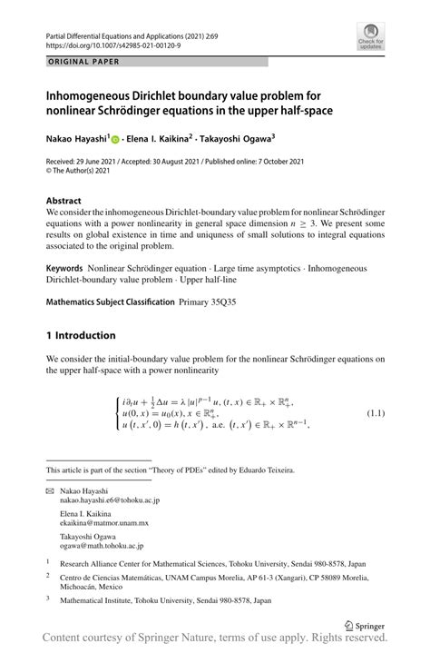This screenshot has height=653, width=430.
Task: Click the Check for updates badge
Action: (x=370, y=42)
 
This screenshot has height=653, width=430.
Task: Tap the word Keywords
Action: (x=65, y=268)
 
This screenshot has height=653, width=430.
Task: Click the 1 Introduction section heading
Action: (x=81, y=335)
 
